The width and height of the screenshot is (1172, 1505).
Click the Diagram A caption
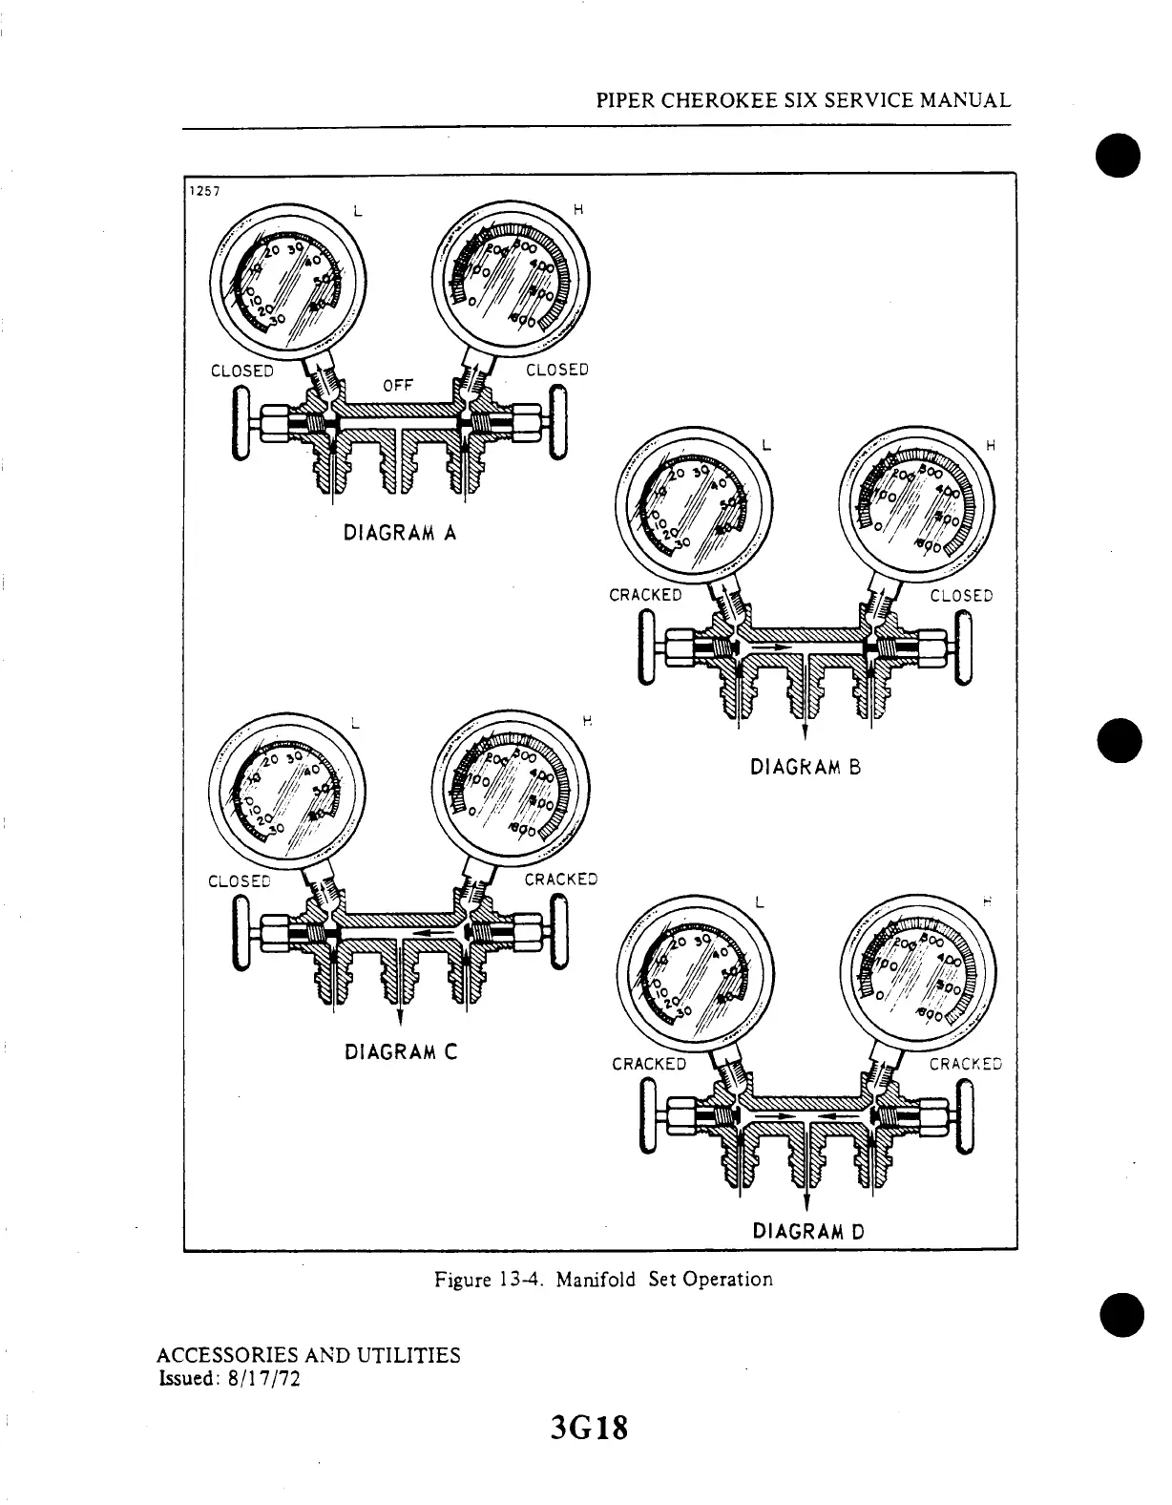(x=400, y=534)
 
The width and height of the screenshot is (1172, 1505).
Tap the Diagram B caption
(x=806, y=766)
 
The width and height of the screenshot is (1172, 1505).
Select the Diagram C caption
(x=401, y=1052)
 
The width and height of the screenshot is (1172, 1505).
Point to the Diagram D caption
(x=808, y=1230)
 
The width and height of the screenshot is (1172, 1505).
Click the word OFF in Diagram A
(x=397, y=386)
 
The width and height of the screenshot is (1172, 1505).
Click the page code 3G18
(x=590, y=1430)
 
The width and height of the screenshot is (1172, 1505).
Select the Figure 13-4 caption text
(x=603, y=1279)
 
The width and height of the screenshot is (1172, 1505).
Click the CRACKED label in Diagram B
(x=645, y=595)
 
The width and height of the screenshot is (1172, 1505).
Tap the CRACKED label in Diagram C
(x=561, y=880)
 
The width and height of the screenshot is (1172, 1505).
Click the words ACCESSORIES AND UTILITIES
(x=307, y=1355)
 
